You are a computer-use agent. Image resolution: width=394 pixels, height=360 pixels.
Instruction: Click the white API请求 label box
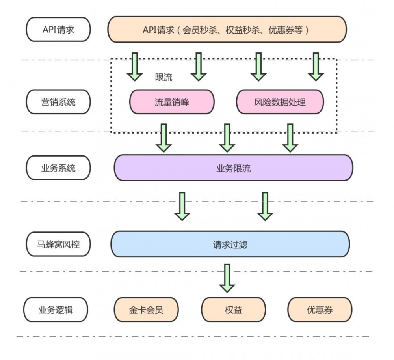click(x=58, y=30)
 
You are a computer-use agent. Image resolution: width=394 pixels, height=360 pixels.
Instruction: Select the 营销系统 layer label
click(x=58, y=102)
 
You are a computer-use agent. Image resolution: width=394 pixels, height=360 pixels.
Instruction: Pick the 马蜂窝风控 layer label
click(x=58, y=244)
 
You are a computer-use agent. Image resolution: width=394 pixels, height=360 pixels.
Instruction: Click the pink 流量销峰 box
click(x=172, y=102)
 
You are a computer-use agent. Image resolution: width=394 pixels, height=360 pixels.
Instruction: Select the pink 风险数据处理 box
click(x=280, y=102)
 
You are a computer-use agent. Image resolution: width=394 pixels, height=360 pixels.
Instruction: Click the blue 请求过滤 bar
click(x=230, y=244)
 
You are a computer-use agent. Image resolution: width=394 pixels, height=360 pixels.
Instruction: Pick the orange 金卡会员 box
click(x=146, y=310)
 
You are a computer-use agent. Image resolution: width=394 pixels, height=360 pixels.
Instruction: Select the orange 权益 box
click(x=233, y=310)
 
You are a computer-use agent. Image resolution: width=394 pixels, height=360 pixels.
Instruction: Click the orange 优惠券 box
click(x=320, y=310)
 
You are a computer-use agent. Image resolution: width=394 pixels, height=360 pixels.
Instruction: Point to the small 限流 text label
click(x=164, y=77)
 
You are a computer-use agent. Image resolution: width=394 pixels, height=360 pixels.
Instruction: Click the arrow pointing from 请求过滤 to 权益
click(x=227, y=278)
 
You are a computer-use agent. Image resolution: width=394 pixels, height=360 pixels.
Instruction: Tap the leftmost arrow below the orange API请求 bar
click(x=135, y=66)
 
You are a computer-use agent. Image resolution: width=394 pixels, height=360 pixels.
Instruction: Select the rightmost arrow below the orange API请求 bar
click(x=315, y=66)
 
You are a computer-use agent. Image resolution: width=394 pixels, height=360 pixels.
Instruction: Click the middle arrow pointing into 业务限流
click(x=227, y=138)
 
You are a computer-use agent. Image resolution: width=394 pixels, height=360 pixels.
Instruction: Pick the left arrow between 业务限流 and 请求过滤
click(x=182, y=206)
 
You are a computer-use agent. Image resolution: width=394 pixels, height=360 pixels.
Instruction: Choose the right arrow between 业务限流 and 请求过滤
click(x=265, y=206)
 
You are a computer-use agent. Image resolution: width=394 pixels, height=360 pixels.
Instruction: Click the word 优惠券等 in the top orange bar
click(x=285, y=30)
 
